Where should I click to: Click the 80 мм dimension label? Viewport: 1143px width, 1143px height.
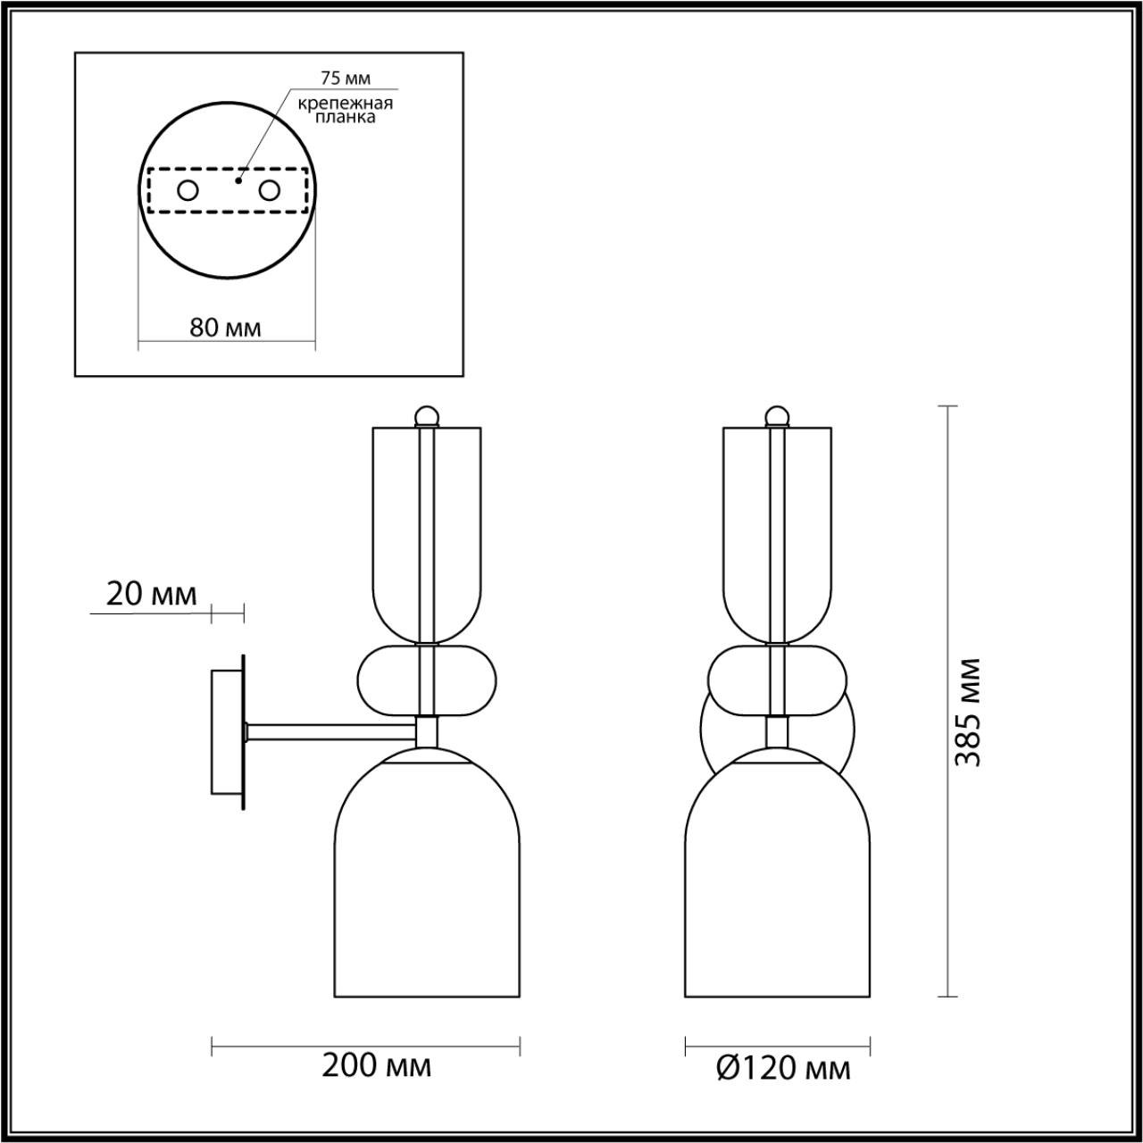[x=225, y=328]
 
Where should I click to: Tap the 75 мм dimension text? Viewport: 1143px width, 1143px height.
[x=345, y=78]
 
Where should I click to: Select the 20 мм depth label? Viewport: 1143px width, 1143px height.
[x=151, y=595]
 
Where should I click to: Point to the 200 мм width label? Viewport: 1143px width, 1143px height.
[x=376, y=1065]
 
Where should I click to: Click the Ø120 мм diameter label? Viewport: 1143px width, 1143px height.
[x=783, y=1068]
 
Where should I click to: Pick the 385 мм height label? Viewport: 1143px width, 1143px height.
[x=968, y=713]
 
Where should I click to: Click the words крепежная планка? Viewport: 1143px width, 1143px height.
[x=346, y=110]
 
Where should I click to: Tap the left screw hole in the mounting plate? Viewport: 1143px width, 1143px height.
[x=188, y=190]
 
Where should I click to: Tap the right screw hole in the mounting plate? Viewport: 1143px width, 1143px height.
[x=269, y=190]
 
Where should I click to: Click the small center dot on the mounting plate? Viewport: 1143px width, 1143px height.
[x=238, y=180]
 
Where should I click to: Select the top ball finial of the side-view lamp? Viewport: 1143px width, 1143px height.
[x=427, y=415]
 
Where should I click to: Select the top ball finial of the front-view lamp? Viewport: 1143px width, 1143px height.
[x=778, y=415]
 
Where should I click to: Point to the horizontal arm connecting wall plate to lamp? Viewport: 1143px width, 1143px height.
[x=330, y=731]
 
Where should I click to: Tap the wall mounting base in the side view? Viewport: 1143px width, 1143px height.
[x=225, y=731]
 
